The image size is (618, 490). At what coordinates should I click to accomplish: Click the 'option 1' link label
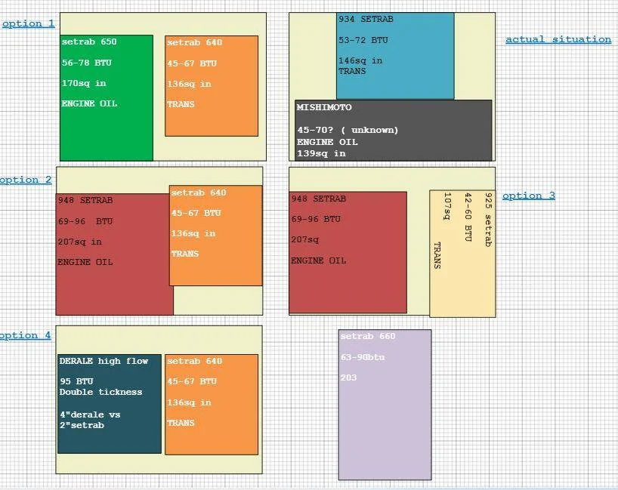[x=29, y=24]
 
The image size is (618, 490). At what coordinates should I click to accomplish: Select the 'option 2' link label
[x=26, y=180]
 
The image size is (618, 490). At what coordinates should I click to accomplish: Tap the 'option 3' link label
[x=529, y=196]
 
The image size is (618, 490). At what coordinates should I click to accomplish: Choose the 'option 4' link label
[x=25, y=335]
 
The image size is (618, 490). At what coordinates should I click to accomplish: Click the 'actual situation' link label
[x=558, y=39]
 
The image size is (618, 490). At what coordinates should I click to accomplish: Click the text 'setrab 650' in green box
[x=89, y=42]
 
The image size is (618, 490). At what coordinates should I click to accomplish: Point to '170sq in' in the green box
[x=84, y=84]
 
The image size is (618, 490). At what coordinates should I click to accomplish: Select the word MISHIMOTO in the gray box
[x=324, y=107]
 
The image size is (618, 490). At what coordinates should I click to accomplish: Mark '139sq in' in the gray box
[x=321, y=153]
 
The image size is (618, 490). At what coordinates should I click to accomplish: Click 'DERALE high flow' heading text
[x=104, y=361]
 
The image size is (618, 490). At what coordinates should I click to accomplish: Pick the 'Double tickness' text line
[x=101, y=392]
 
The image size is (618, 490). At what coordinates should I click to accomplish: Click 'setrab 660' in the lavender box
[x=368, y=337]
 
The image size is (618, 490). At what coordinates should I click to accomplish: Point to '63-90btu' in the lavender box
[x=363, y=358]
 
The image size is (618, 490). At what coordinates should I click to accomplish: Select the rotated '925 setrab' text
[x=488, y=220]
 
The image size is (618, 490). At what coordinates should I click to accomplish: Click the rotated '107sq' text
[x=447, y=206]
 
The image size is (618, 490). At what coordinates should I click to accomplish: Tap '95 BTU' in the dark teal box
[x=76, y=381]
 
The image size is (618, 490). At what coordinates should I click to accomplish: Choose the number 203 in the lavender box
[x=348, y=378]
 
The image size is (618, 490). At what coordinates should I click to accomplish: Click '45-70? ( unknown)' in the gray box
[x=348, y=130]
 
